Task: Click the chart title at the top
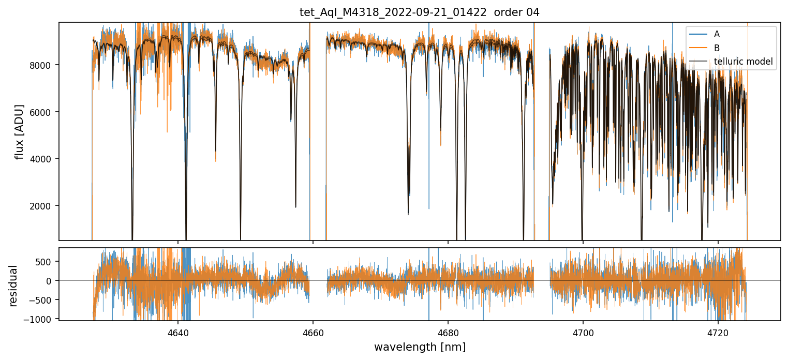tap(419, 12)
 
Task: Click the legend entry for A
tap(717, 34)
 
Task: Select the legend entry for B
tap(717, 48)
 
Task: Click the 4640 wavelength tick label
tap(177, 331)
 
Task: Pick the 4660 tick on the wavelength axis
tap(313, 331)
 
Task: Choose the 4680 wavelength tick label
tap(448, 331)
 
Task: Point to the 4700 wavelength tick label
tap(583, 331)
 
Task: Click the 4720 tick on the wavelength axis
tap(718, 331)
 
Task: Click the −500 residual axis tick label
tap(43, 300)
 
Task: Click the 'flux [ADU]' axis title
tap(20, 131)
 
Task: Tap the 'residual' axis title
tap(13, 286)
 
